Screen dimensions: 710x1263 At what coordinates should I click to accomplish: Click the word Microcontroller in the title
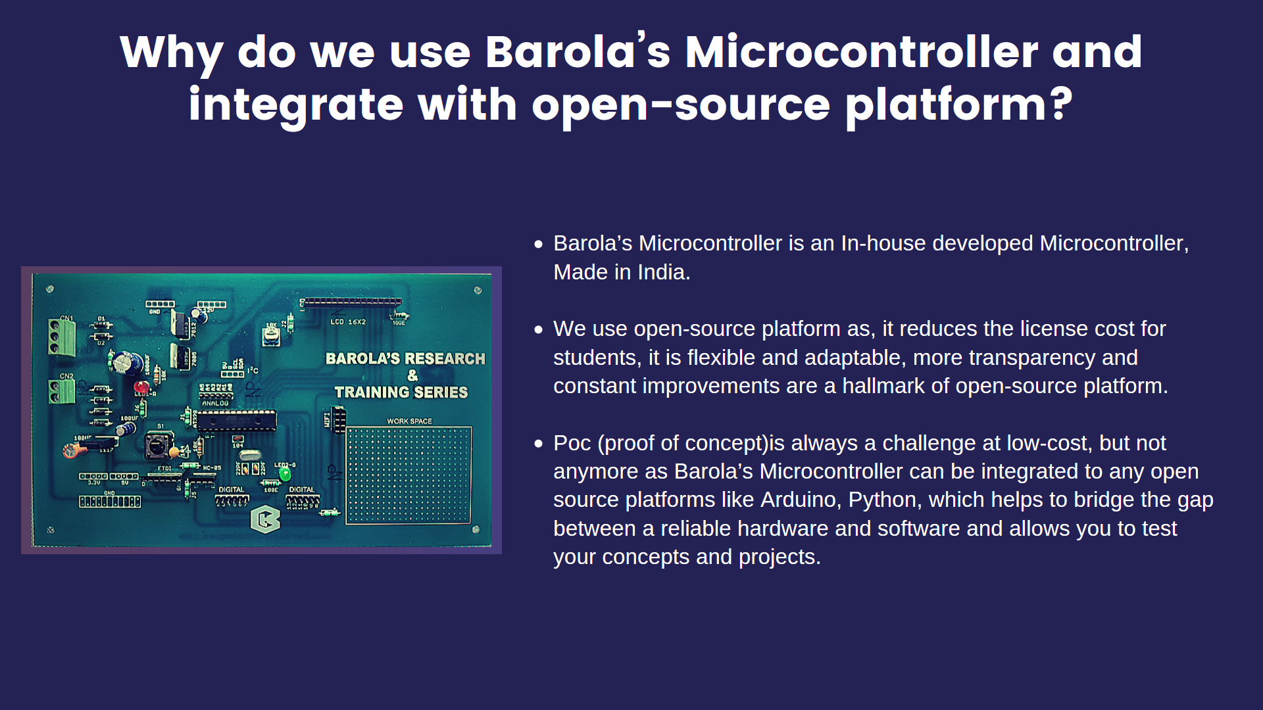point(861,52)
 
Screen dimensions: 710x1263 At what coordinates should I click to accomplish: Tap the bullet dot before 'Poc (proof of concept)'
point(539,444)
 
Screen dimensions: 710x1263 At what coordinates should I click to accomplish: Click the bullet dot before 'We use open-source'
point(539,329)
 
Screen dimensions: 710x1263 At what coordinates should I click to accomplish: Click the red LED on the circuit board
point(141,387)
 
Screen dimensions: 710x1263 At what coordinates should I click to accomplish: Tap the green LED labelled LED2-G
point(285,473)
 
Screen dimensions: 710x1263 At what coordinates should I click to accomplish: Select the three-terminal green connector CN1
point(62,337)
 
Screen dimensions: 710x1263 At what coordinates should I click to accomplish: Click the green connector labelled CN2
point(61,391)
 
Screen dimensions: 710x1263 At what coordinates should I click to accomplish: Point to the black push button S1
point(157,446)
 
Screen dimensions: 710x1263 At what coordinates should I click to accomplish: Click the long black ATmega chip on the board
point(237,421)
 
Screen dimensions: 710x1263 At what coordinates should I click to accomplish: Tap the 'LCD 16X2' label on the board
point(348,322)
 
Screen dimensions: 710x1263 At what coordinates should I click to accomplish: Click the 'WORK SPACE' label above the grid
point(409,421)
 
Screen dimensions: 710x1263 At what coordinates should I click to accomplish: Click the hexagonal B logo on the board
point(265,519)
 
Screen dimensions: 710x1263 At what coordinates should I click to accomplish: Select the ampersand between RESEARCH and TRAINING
point(412,375)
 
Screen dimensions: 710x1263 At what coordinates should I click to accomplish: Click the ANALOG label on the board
point(215,403)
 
